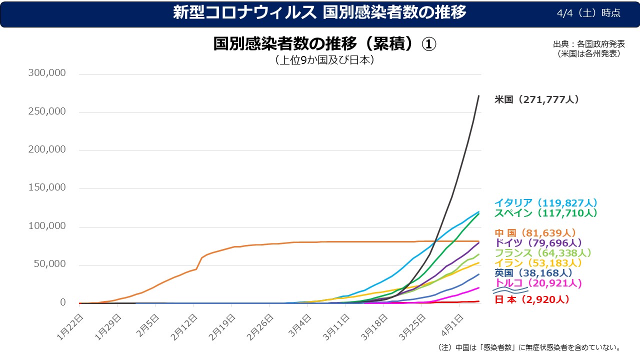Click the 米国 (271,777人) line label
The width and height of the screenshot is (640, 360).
536,99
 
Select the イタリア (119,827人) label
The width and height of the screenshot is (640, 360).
546,203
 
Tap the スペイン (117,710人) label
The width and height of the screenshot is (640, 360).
546,213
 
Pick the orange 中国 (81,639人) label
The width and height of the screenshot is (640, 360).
535,233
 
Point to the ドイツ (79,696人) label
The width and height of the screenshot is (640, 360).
538,242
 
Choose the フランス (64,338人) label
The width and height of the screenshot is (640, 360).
543,253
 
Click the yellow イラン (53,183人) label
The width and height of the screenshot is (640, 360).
538,263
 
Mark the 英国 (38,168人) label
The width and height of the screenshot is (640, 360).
533,273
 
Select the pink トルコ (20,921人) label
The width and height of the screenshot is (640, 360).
538,283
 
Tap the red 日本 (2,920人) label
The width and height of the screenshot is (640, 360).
531,300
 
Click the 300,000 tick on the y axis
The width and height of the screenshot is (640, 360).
48,73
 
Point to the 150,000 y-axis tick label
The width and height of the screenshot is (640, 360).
48,187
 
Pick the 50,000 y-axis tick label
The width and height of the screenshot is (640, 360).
51,264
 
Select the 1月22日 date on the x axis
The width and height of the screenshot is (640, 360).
71,326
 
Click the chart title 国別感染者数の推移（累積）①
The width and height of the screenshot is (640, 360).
325,44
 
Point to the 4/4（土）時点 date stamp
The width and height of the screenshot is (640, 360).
588,13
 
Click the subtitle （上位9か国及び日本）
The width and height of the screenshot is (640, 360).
324,60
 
